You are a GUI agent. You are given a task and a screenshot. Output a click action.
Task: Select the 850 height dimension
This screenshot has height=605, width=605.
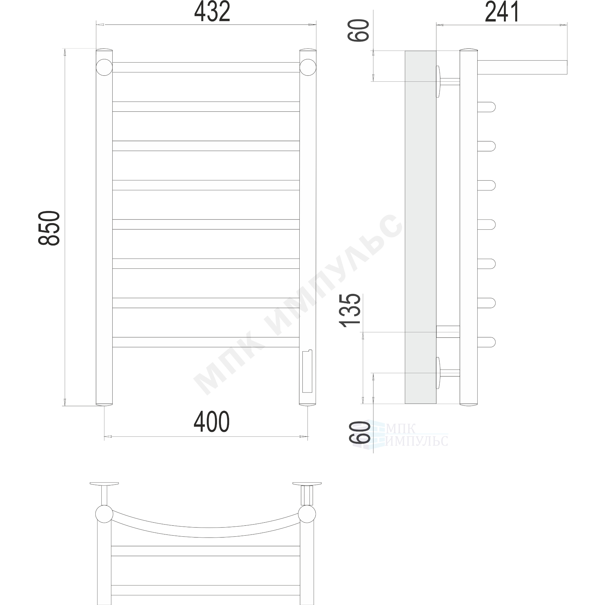(x=49, y=228)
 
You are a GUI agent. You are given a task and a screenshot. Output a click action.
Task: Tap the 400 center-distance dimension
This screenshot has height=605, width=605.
(x=212, y=422)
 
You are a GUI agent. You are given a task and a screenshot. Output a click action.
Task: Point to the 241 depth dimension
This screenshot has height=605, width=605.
(x=502, y=12)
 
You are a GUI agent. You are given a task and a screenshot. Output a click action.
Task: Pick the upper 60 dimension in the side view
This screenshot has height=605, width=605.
(x=358, y=30)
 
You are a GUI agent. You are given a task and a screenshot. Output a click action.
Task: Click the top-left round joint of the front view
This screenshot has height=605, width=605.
(x=104, y=67)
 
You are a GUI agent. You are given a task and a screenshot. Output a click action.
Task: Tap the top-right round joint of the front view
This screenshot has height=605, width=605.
(x=308, y=67)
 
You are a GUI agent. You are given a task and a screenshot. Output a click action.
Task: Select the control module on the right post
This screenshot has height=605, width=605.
(x=307, y=371)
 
